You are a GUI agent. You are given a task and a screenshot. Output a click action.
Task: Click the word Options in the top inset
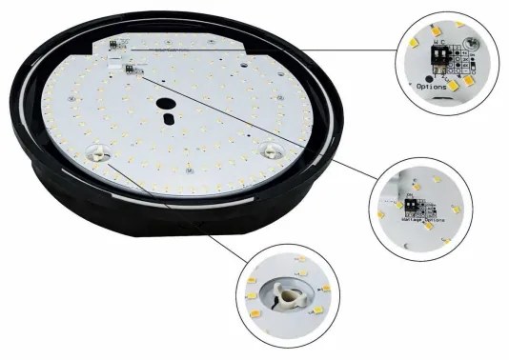click(x=432, y=86)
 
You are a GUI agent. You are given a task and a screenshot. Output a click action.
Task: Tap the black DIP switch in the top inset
click(x=439, y=56)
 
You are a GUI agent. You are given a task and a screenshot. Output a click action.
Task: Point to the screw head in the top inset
click(x=470, y=45)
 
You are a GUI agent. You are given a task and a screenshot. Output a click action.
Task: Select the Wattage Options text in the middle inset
click(x=411, y=218)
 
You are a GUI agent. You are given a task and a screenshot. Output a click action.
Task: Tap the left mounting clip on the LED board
click(x=95, y=152)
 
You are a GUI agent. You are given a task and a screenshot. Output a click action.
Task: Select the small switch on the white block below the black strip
click(x=130, y=69)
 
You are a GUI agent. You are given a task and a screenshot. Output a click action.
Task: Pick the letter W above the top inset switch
click(x=436, y=43)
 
